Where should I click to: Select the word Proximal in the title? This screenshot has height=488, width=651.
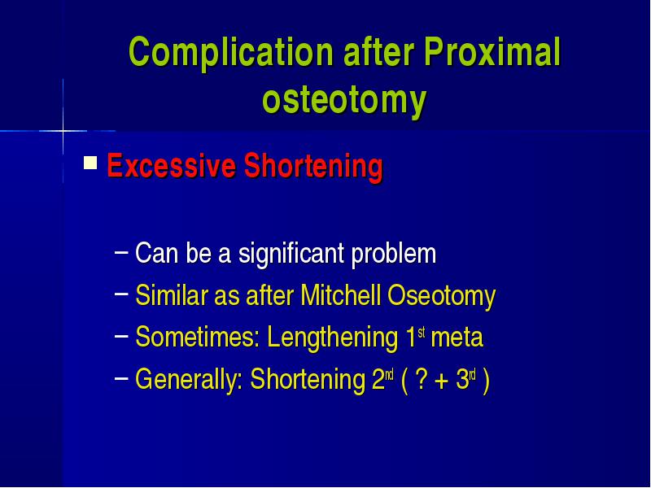(x=492, y=52)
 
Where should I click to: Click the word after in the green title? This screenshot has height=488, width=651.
(x=378, y=52)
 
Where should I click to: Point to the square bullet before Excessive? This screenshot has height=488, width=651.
(x=90, y=163)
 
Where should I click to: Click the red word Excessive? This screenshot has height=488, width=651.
(x=172, y=166)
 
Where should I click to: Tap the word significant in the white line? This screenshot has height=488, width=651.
(x=291, y=254)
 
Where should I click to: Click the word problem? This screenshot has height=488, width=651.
(x=394, y=254)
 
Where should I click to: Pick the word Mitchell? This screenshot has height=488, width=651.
(x=340, y=295)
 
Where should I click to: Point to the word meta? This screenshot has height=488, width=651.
(x=457, y=338)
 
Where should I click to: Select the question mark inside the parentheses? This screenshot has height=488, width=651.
(x=421, y=379)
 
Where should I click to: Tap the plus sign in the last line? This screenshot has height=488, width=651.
(x=442, y=381)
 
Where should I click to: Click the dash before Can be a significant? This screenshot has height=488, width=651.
(x=121, y=251)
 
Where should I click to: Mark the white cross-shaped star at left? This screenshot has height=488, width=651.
(x=63, y=131)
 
